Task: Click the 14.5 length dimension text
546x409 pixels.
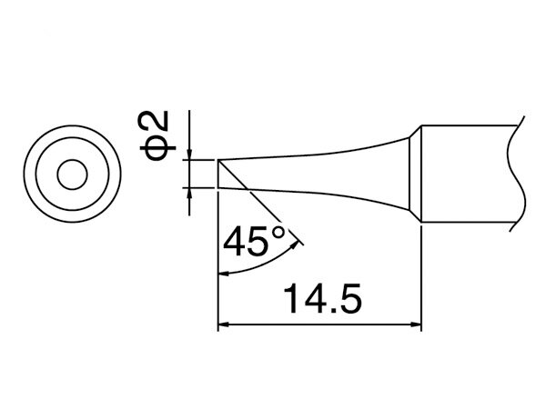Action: point(323,298)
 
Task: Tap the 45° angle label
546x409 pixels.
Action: point(255,241)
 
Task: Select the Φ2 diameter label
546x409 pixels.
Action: point(155,136)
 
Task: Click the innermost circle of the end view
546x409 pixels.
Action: point(73,175)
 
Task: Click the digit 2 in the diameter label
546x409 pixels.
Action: point(155,121)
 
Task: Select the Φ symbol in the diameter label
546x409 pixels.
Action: point(155,148)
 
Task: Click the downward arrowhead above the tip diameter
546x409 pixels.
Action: point(189,155)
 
